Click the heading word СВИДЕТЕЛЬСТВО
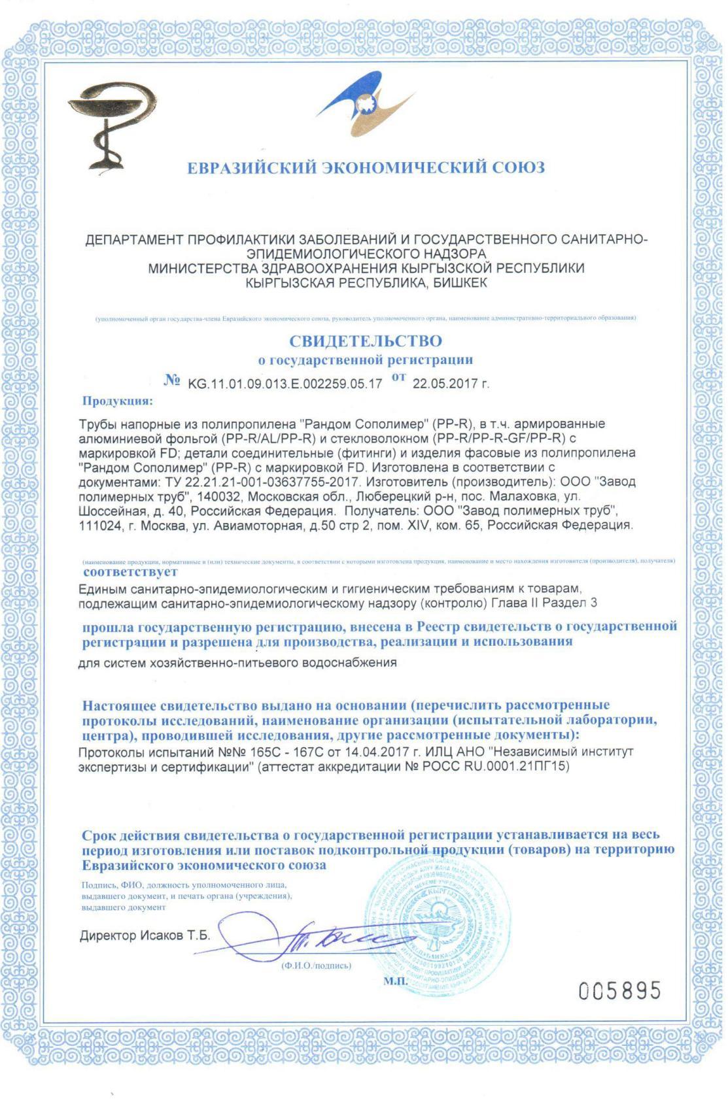coord(365,341)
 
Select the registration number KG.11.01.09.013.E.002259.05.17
coord(285,384)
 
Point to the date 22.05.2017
coord(446,384)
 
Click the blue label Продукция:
coord(118,401)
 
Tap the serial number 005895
coord(619,991)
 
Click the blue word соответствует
coord(130,572)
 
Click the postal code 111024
coord(100,525)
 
